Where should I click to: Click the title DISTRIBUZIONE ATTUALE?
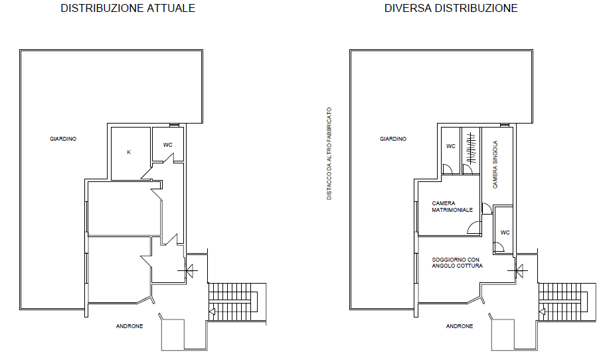click(128, 8)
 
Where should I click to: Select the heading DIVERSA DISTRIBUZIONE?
click(451, 8)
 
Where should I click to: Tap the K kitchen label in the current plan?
click(129, 152)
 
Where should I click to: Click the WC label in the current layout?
click(167, 145)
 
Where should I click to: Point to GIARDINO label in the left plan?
click(63, 139)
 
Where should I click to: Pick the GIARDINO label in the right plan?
click(393, 139)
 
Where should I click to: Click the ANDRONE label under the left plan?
click(129, 326)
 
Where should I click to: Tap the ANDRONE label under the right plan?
click(460, 326)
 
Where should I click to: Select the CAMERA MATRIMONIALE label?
click(452, 207)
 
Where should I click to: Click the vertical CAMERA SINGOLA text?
click(495, 164)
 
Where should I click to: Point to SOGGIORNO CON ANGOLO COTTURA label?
click(457, 262)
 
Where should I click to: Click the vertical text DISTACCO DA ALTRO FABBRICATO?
click(329, 153)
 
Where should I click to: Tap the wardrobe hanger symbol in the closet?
click(471, 149)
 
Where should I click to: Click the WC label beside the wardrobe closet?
click(451, 146)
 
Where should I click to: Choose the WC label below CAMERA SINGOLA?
click(505, 232)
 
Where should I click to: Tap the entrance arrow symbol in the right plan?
click(518, 271)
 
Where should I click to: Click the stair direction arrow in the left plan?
click(211, 312)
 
